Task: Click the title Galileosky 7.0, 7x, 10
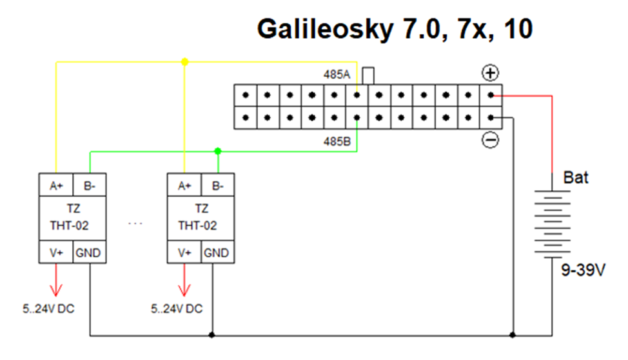click(395, 29)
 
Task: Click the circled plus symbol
click(491, 73)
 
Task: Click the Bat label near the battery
click(576, 177)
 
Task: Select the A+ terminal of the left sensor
click(57, 186)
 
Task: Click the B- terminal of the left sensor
click(88, 186)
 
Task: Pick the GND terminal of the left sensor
click(88, 253)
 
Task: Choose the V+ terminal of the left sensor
click(57, 253)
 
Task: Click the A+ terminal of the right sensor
click(185, 186)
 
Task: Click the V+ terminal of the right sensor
click(185, 253)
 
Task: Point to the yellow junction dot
click(185, 62)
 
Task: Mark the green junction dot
click(217, 151)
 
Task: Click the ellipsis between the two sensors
click(135, 223)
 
